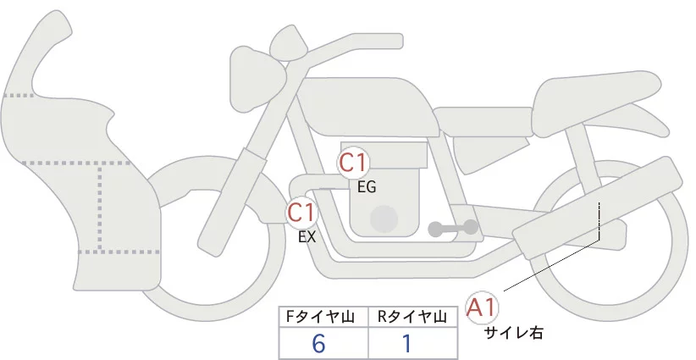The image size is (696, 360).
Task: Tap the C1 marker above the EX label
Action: [301, 212]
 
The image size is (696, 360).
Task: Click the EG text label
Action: [367, 187]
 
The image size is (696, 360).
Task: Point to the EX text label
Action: [307, 237]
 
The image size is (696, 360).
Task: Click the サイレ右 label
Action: [512, 333]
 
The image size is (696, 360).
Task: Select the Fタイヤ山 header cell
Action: [323, 317]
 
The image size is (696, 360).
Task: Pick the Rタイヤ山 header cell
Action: [412, 317]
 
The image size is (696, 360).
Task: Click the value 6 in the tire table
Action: [318, 344]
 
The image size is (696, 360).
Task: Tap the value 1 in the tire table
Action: [406, 344]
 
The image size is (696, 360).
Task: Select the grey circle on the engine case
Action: [385, 219]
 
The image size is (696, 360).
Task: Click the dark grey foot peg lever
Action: [452, 228]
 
